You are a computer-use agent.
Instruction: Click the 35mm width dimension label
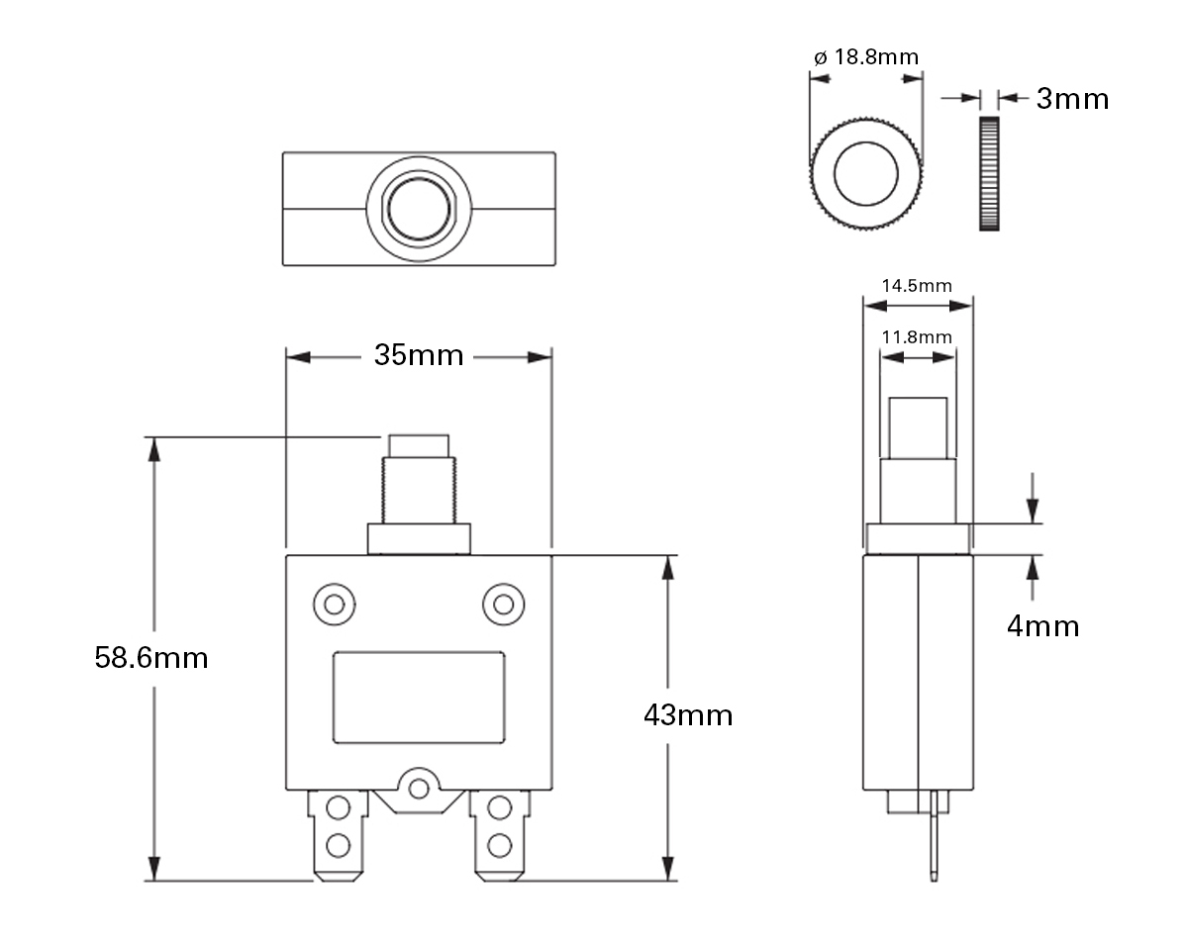point(418,355)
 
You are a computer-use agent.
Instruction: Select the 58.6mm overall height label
point(151,658)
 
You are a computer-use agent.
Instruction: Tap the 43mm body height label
point(688,715)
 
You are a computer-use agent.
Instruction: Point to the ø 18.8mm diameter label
point(866,57)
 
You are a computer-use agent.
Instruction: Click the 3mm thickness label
point(1072,99)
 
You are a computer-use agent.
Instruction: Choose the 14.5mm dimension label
point(917,286)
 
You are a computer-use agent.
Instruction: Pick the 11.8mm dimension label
point(917,337)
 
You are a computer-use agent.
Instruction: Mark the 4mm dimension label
point(1042,626)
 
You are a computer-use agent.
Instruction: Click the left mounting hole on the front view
point(334,604)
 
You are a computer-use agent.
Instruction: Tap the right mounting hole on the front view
point(503,604)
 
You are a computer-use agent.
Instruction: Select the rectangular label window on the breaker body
point(419,697)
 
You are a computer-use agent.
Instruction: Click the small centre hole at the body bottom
point(419,789)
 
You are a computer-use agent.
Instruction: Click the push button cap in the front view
point(419,445)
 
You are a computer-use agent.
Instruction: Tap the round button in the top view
point(419,209)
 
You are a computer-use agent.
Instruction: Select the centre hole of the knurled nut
point(866,175)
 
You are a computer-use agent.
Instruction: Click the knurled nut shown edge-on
point(988,174)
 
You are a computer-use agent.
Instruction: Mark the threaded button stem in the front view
point(419,491)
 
